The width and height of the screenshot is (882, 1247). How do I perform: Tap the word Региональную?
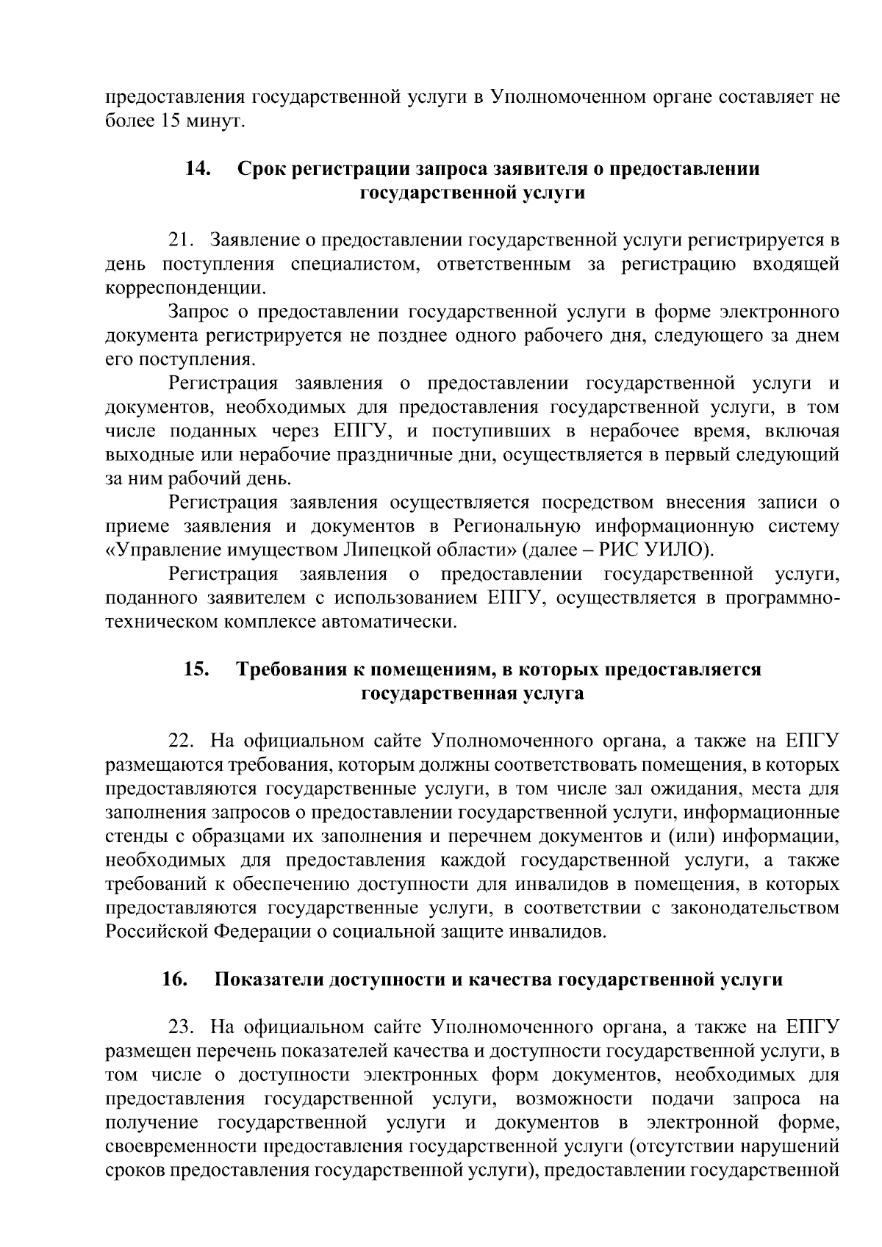coord(514,527)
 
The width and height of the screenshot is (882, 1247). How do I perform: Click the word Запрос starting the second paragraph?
coord(199,312)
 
